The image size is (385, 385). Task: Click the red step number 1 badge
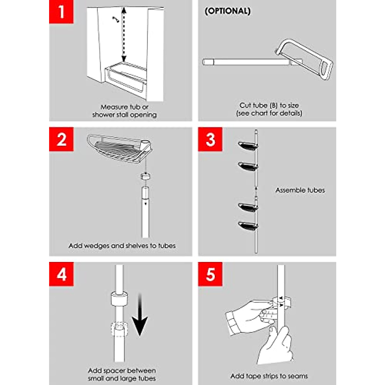tap(61, 12)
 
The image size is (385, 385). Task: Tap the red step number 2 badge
tap(61, 139)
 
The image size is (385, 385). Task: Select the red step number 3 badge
tap(210, 139)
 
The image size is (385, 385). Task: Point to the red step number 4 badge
tap(61, 274)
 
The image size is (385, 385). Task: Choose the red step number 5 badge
tap(210, 274)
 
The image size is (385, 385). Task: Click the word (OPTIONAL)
tap(227, 11)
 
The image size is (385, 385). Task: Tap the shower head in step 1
tap(116, 19)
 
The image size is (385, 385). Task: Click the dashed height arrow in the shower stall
tap(124, 34)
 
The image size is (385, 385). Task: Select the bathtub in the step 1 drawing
tap(126, 77)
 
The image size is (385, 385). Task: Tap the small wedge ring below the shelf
tap(145, 176)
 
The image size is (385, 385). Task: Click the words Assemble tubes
tap(300, 190)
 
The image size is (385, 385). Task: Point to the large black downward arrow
tap(140, 315)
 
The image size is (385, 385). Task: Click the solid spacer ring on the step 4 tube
tap(119, 299)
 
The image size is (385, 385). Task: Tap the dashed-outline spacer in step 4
tap(119, 329)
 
